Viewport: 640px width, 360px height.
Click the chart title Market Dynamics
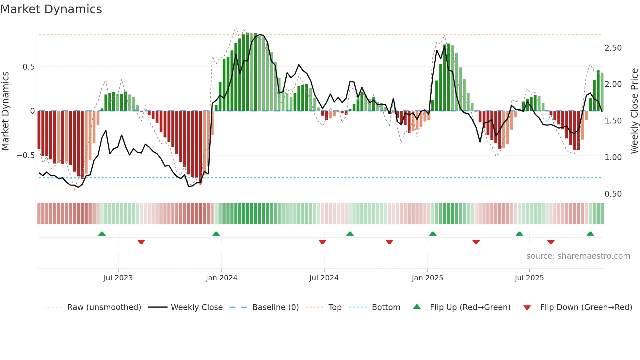(x=51, y=9)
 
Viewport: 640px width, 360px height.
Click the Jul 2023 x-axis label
(x=118, y=278)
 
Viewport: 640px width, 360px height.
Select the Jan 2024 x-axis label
(x=221, y=278)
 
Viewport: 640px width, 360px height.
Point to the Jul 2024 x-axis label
(x=324, y=278)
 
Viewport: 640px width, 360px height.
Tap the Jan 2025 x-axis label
(x=427, y=278)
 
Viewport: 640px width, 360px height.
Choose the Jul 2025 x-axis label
(x=529, y=278)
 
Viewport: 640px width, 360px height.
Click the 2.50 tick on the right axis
(x=613, y=48)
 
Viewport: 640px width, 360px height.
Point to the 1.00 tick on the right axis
(x=613, y=157)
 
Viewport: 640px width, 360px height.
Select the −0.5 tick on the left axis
(x=25, y=155)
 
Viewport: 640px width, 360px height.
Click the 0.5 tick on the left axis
(x=28, y=67)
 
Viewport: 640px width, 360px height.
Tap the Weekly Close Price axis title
(x=634, y=111)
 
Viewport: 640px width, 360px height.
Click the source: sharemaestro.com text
(x=578, y=256)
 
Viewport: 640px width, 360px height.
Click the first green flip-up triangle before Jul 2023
(x=102, y=234)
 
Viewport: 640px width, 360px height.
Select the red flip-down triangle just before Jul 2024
(x=322, y=242)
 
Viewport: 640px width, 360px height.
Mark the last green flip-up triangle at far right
(x=590, y=234)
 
